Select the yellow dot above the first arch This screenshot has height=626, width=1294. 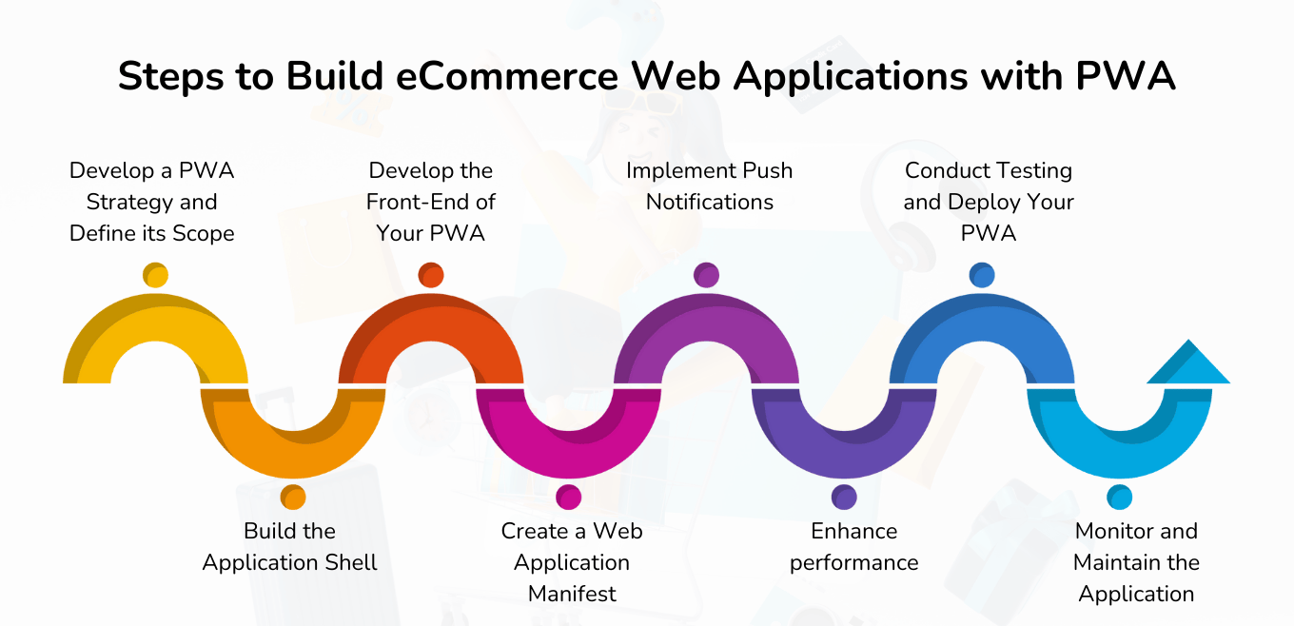pyautogui.click(x=155, y=275)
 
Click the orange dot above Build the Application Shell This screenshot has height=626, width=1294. pyautogui.click(x=293, y=498)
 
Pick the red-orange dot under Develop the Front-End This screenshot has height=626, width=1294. pyautogui.click(x=431, y=275)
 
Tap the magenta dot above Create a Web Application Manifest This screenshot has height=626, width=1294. pyautogui.click(x=569, y=498)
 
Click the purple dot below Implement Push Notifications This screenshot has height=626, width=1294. pyautogui.click(x=706, y=275)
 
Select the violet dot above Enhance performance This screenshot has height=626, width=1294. pyautogui.click(x=844, y=498)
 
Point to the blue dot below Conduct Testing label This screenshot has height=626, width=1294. pyautogui.click(x=982, y=275)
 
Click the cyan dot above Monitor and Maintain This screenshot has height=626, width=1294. pyautogui.click(x=1120, y=498)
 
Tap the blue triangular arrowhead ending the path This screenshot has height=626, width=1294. pyautogui.click(x=1188, y=364)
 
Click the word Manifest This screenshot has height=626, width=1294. pyautogui.click(x=572, y=594)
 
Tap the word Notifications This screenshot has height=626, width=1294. pyautogui.click(x=710, y=202)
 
